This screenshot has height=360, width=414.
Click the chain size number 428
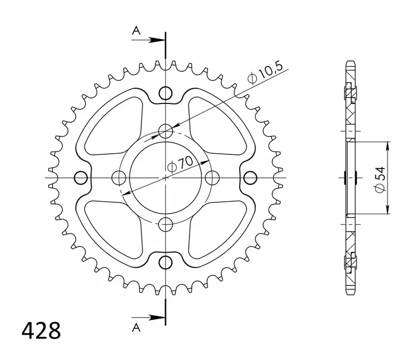(x=41, y=331)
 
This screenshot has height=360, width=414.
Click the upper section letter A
(x=136, y=31)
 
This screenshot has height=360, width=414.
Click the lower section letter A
(x=136, y=327)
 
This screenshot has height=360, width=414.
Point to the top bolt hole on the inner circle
(x=165, y=132)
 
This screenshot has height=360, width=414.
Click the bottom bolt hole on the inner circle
(x=165, y=224)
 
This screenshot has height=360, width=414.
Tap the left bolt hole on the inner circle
(x=119, y=178)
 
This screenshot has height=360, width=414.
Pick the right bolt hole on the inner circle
(x=212, y=178)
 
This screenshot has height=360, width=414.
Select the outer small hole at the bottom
(x=165, y=262)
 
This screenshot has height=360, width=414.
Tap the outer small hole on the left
(x=81, y=178)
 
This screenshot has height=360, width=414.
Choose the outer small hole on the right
(x=249, y=178)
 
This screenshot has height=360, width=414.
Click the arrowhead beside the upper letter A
(x=159, y=40)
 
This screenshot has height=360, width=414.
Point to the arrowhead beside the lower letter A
(x=159, y=316)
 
